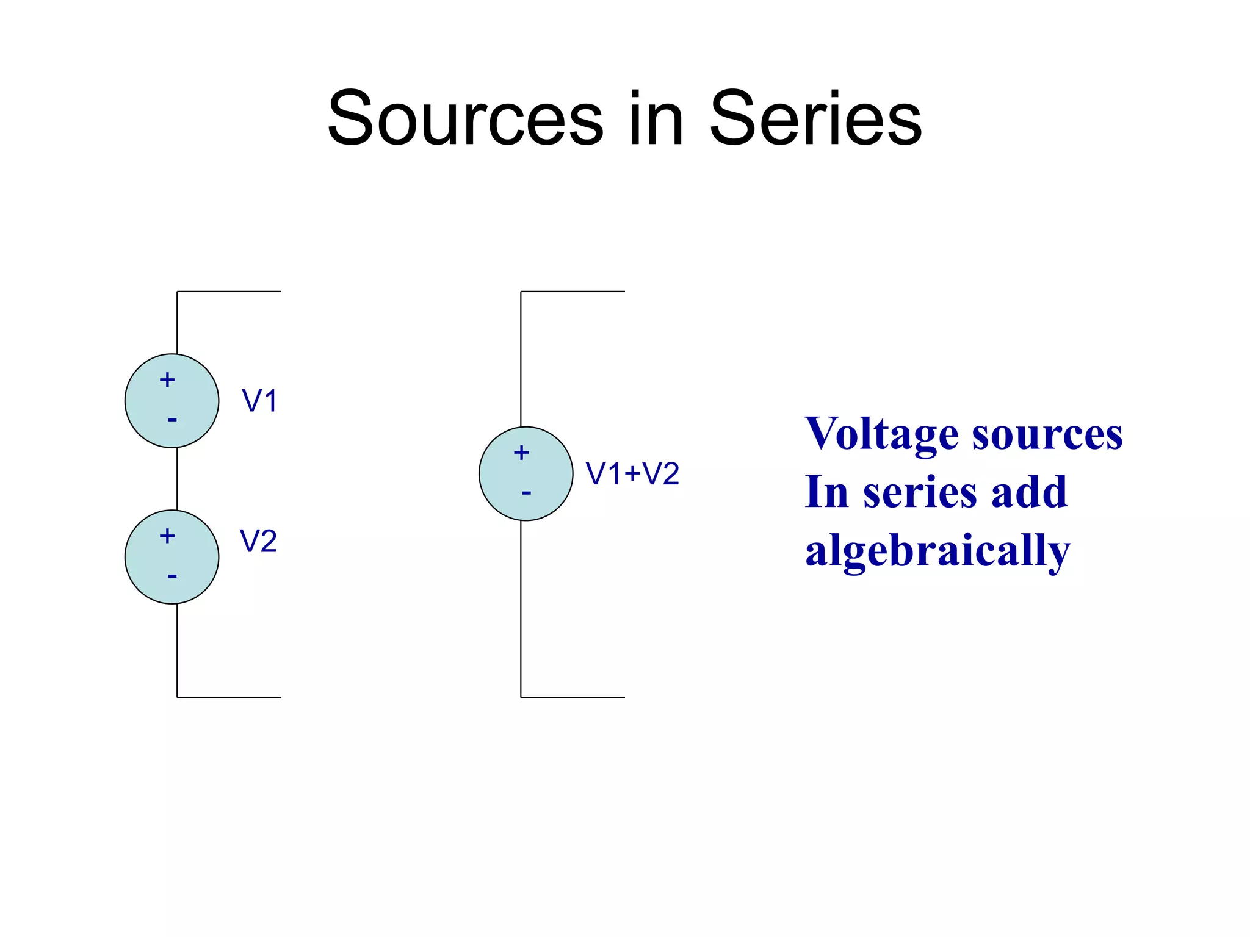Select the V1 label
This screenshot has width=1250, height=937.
click(x=260, y=401)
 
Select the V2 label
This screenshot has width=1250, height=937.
click(x=258, y=541)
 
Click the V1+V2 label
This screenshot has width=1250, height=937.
click(x=632, y=474)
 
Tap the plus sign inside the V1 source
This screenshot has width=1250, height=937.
click(x=167, y=380)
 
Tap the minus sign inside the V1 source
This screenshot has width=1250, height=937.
click(x=172, y=420)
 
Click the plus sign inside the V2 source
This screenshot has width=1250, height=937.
click(x=167, y=536)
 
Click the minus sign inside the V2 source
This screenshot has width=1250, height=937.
click(x=172, y=576)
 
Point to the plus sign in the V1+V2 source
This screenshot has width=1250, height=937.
click(x=521, y=453)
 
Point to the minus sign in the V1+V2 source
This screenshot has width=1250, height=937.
click(x=527, y=492)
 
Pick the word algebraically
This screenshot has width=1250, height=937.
click(x=937, y=550)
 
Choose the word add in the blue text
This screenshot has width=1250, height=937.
click(x=1029, y=492)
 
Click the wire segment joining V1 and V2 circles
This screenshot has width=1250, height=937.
click(x=177, y=479)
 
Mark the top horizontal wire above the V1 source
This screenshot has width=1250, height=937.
click(x=229, y=292)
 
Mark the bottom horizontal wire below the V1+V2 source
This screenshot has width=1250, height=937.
click(x=573, y=697)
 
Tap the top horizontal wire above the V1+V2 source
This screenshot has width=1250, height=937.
click(x=573, y=292)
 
